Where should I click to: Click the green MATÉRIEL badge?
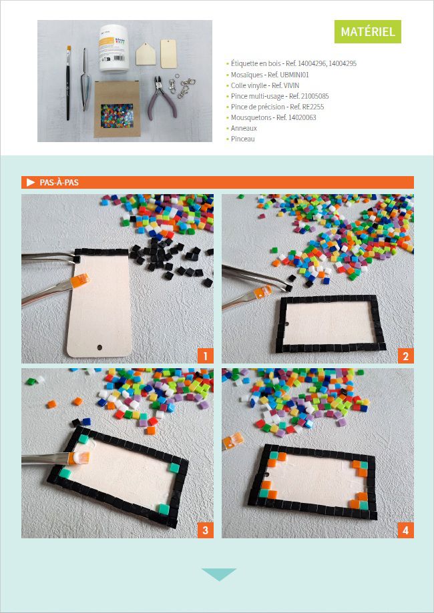click(x=367, y=31)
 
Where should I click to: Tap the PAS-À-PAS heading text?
click(x=59, y=183)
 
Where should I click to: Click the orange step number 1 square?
click(x=206, y=356)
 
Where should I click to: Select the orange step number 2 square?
click(x=406, y=356)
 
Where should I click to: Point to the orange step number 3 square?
click(x=206, y=530)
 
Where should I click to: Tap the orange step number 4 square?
click(x=406, y=530)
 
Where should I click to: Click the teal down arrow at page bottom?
click(x=219, y=574)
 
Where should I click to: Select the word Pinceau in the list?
click(x=242, y=139)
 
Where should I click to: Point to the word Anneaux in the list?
click(x=244, y=128)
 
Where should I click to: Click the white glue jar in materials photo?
click(x=114, y=48)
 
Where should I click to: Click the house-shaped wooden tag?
click(x=146, y=54)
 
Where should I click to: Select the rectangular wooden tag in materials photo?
click(x=168, y=53)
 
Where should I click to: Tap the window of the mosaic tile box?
click(x=117, y=115)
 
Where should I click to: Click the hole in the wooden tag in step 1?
click(x=99, y=347)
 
